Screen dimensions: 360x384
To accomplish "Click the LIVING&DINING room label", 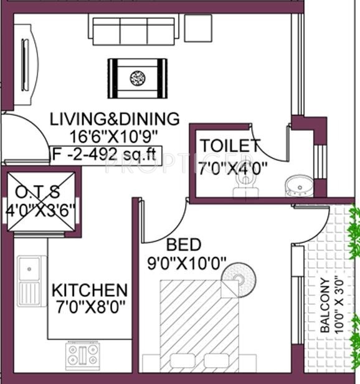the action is pos(115,119).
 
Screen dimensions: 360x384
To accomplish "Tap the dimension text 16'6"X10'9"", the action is pos(113,137).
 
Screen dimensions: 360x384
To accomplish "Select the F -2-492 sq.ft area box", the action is pos(106,155).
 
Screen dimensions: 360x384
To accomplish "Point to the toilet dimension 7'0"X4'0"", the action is pos(232,168).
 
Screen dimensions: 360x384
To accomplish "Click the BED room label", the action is pos(184,244).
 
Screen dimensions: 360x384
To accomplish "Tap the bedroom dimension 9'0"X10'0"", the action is pos(187,263).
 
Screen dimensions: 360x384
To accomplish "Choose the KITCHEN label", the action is pos(90,290).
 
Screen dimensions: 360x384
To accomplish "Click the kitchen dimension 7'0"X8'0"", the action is pos(90,307).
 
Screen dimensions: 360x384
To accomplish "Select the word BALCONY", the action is pos(325,305).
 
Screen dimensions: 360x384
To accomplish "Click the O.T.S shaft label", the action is pos(37,192).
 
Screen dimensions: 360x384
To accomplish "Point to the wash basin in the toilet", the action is pos(299,186).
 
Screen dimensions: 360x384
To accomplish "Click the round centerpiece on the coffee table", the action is pos(137,79).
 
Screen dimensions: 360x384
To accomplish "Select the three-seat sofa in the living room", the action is pos(134,29).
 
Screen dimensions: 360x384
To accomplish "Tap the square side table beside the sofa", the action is pos(198,28).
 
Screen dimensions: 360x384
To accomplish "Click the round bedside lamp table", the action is pos(239,280).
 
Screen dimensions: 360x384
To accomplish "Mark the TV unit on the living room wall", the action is pos(26,65).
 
